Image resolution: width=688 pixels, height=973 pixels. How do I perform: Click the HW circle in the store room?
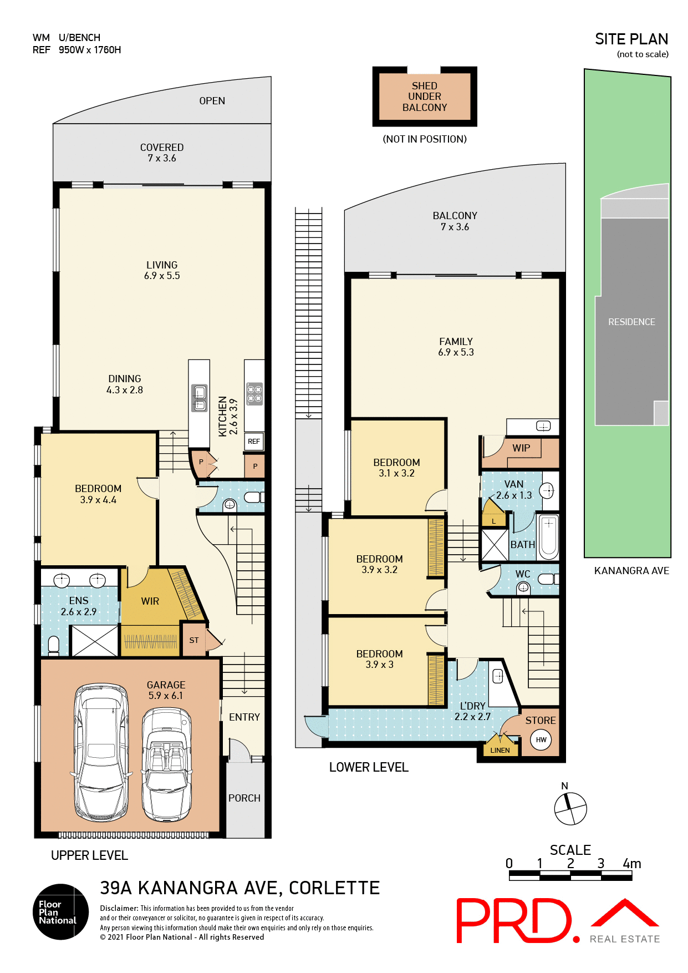tap(541, 739)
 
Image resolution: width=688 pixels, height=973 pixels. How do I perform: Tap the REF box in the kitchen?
tap(254, 442)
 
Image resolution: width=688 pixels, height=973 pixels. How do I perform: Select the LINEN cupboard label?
tap(500, 750)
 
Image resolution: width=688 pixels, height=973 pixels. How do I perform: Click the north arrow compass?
tap(570, 808)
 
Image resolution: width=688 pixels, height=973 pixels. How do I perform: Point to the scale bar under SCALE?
tap(570, 876)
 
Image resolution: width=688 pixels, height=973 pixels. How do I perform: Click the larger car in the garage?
tap(101, 753)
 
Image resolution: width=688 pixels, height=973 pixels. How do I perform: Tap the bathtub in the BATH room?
tap(549, 536)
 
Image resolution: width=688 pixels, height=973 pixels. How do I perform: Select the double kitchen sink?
tap(200, 398)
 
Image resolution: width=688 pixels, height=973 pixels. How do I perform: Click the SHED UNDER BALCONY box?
tap(425, 97)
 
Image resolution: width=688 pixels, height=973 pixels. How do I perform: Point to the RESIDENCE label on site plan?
tap(631, 322)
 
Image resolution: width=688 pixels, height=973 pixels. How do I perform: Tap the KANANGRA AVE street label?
tap(631, 571)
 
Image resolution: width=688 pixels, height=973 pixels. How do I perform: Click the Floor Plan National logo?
tap(60, 911)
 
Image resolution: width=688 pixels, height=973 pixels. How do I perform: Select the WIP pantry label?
tap(521, 448)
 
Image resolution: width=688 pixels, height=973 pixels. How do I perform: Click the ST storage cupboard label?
tap(194, 640)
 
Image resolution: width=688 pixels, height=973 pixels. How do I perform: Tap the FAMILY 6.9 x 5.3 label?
tap(456, 347)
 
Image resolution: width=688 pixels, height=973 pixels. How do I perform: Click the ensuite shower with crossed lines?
tap(95, 641)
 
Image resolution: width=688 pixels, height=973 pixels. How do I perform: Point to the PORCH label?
tap(244, 798)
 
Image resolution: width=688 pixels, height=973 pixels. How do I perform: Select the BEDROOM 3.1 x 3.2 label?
tap(396, 468)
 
